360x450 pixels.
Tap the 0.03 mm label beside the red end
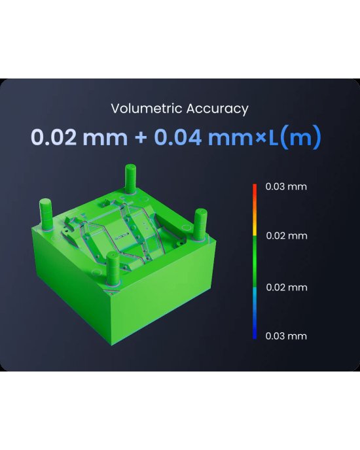(x=286, y=186)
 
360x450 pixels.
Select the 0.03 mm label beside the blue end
(x=286, y=336)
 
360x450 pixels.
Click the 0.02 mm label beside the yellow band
(x=286, y=235)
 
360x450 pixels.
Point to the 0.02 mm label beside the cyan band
(x=286, y=287)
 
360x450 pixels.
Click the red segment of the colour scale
(x=254, y=193)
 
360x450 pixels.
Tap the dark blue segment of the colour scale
(x=254, y=327)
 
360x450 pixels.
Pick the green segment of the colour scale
(x=254, y=262)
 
